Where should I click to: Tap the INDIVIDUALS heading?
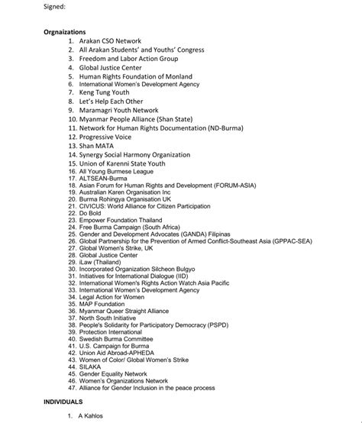click(x=63, y=401)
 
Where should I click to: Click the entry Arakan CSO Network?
click(x=111, y=41)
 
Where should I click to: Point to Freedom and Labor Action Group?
click(x=128, y=59)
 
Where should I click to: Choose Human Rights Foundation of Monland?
click(x=135, y=76)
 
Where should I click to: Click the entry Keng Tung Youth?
click(x=105, y=93)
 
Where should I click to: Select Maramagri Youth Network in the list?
click(x=118, y=111)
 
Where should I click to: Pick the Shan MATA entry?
click(x=96, y=146)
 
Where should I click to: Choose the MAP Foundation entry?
click(x=105, y=304)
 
